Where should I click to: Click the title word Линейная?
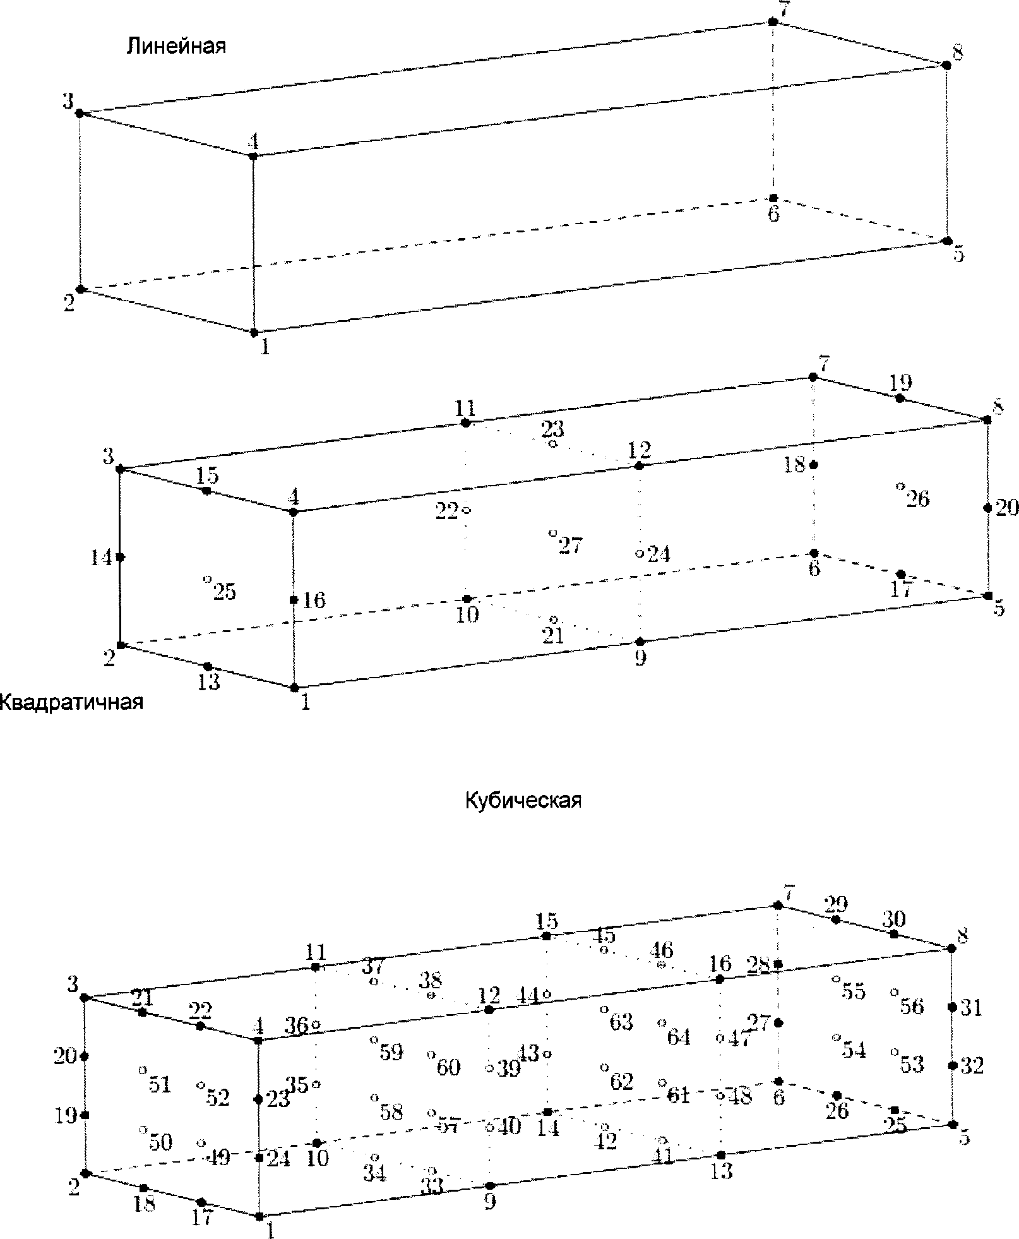pyautogui.click(x=176, y=46)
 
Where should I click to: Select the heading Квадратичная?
pyautogui.click(x=71, y=702)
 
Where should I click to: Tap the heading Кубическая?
pyautogui.click(x=523, y=801)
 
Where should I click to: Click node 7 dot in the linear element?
pyautogui.click(x=772, y=22)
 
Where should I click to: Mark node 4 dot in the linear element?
pyautogui.click(x=253, y=155)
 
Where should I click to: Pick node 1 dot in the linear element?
pyautogui.click(x=254, y=332)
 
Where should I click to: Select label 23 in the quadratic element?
pyautogui.click(x=552, y=429)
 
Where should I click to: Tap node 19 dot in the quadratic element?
pyautogui.click(x=900, y=398)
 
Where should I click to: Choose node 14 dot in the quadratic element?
pyautogui.click(x=121, y=557)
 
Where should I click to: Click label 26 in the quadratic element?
pyautogui.click(x=918, y=499)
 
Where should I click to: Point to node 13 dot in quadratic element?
pyautogui.click(x=208, y=667)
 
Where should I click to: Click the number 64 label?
pyautogui.click(x=679, y=1037)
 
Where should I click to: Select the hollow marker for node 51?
pyautogui.click(x=143, y=1070)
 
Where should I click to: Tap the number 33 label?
pyautogui.click(x=432, y=1187)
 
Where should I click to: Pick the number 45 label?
pyautogui.click(x=604, y=936)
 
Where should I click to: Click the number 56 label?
pyautogui.click(x=912, y=1006)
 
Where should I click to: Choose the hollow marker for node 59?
pyautogui.click(x=374, y=1039)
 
